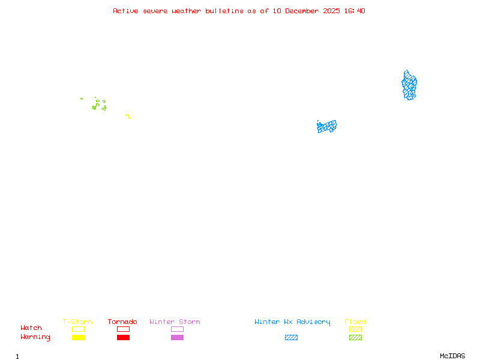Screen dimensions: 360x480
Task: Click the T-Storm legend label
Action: [77, 322]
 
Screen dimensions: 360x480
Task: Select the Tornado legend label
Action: [122, 322]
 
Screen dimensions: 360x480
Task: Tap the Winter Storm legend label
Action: [175, 322]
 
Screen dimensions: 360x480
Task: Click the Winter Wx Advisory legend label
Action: [292, 322]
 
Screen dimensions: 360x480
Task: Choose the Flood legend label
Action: [355, 322]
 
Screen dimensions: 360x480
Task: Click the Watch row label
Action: [31, 328]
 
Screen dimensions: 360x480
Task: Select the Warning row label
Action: [35, 337]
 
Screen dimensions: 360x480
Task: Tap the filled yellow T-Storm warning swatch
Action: [78, 338]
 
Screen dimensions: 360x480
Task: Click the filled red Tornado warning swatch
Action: [123, 338]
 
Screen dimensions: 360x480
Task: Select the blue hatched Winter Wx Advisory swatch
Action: [291, 338]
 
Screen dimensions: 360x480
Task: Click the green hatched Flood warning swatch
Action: [355, 338]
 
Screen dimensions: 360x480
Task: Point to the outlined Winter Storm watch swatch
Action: [177, 329]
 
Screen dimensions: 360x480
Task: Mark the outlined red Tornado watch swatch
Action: [123, 329]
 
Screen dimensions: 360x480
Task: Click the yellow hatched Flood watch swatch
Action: [355, 329]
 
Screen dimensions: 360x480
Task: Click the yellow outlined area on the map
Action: [128, 116]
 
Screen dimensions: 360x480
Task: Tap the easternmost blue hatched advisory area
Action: [409, 85]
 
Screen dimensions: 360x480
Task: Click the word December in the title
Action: [305, 11]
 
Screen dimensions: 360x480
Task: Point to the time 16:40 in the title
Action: [354, 11]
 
